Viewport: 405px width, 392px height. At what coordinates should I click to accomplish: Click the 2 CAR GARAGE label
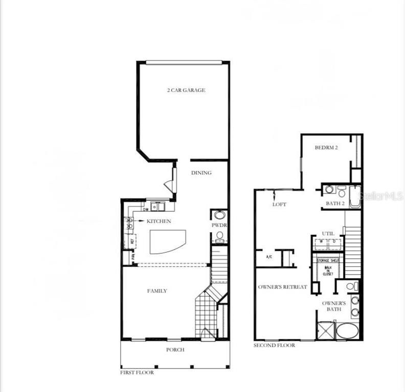click(186, 90)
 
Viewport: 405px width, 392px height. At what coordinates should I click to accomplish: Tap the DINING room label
click(201, 173)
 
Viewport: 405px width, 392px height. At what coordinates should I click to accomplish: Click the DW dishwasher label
click(146, 209)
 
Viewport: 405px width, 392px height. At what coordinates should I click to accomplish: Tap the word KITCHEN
click(159, 221)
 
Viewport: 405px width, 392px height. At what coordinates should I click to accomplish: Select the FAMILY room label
click(157, 291)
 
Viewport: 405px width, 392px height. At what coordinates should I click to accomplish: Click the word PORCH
click(175, 350)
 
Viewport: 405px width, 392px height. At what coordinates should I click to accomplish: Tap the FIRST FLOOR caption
click(137, 373)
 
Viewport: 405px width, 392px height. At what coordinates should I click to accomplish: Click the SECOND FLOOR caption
click(274, 346)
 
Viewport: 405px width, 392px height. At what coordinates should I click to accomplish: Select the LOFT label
click(279, 204)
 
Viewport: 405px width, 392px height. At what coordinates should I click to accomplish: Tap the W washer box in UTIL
click(321, 241)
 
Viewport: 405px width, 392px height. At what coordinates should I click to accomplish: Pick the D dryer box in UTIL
click(334, 241)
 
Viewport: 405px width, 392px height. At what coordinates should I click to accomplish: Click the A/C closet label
click(269, 257)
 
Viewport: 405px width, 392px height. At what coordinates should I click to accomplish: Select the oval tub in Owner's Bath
click(348, 330)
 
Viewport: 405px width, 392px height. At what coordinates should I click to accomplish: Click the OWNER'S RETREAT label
click(282, 287)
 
